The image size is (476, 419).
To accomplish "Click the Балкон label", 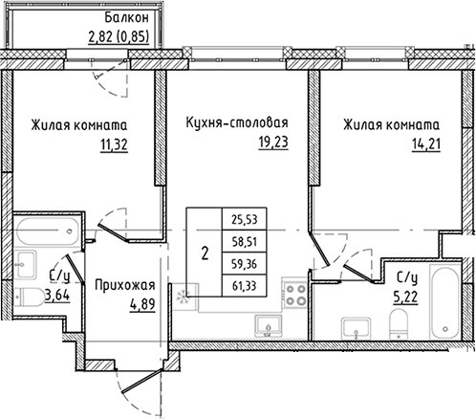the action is click(126, 18).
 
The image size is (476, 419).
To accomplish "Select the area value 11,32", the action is click(114, 145).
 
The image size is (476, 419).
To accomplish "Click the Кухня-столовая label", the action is click(237, 122).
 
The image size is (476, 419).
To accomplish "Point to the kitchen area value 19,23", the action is click(273, 142).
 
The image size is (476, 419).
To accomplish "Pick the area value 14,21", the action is click(426, 144).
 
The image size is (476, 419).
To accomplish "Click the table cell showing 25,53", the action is click(244, 219).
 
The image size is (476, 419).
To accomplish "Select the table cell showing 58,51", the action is click(244, 241).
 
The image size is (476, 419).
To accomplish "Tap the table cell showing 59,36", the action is click(244, 264).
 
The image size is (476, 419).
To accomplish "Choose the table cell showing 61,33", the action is click(244, 286).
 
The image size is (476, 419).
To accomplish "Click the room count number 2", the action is click(205, 254).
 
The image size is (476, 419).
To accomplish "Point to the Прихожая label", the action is click(125, 285).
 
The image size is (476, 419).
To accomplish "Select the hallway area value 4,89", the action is click(142, 304).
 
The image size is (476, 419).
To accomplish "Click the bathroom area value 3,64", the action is click(57, 296).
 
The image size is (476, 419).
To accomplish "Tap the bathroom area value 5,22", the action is click(404, 298).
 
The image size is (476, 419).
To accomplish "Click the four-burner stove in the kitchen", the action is click(294, 295).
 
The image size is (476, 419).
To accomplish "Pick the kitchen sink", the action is click(269, 325).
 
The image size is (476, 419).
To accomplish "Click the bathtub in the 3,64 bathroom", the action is click(48, 232).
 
